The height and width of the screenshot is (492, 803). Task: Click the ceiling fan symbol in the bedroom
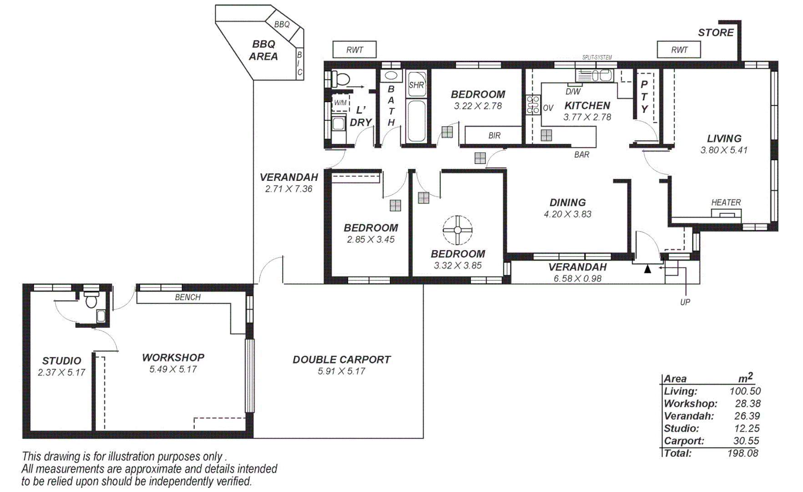457,230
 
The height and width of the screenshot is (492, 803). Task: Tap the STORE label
716,33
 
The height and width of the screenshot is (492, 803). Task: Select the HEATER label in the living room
726,202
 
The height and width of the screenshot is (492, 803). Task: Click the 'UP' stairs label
685,302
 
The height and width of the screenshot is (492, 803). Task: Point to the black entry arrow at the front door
647,269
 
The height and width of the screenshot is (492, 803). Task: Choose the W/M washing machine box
340,103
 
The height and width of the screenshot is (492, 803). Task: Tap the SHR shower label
416,85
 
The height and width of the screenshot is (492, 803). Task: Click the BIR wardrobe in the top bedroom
494,135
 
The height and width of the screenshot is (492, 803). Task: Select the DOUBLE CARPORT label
341,359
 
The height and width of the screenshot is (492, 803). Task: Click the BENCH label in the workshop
187,297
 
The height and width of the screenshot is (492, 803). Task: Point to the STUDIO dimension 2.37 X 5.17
61,373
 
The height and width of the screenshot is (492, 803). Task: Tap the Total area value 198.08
742,453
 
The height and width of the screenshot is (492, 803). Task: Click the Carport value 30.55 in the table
747,441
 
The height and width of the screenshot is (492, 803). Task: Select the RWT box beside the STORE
679,50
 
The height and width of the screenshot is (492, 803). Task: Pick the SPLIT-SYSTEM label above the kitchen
597,57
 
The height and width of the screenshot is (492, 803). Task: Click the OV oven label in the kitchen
548,108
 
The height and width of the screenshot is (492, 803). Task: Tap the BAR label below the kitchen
581,155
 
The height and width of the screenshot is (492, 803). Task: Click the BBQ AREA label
263,50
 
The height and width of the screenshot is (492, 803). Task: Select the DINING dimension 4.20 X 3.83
567,215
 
